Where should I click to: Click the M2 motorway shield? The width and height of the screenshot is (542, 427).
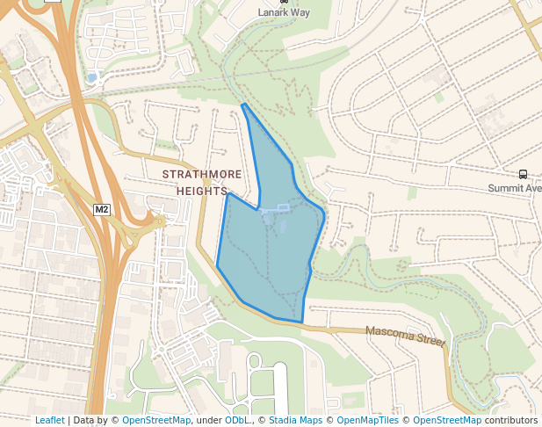102,209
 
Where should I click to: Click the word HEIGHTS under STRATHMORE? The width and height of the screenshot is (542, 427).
202,191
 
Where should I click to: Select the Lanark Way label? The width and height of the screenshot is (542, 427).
284,13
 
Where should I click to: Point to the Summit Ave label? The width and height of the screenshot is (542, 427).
516,189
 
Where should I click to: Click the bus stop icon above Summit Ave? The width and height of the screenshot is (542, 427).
524,175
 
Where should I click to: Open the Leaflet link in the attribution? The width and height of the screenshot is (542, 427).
50,421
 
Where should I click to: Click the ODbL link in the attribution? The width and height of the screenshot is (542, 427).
237,421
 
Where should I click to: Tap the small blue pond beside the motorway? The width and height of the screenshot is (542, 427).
91,78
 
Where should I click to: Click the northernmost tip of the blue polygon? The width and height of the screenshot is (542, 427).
243,105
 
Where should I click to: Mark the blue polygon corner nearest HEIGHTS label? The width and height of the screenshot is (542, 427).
228,193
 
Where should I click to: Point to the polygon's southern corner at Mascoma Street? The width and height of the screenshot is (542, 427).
302,322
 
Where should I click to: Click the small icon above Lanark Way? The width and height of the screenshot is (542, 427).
284,3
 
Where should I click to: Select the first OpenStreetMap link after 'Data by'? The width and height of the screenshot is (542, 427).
155,421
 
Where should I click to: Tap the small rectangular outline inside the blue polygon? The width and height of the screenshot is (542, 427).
283,207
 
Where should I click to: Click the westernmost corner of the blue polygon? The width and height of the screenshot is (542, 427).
217,264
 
